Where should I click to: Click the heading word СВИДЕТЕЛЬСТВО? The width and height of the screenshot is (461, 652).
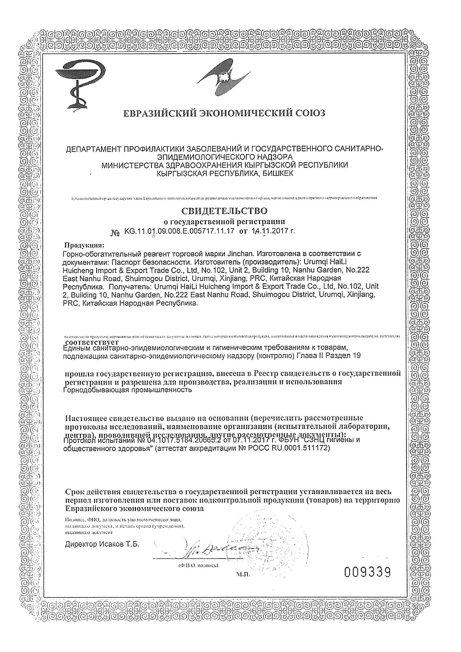[x=224, y=211]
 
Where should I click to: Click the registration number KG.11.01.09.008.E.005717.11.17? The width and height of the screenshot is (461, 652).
[x=179, y=231]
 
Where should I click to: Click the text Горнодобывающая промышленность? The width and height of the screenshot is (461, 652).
[x=128, y=390]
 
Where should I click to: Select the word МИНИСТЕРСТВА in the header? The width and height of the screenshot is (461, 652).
[x=139, y=165]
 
